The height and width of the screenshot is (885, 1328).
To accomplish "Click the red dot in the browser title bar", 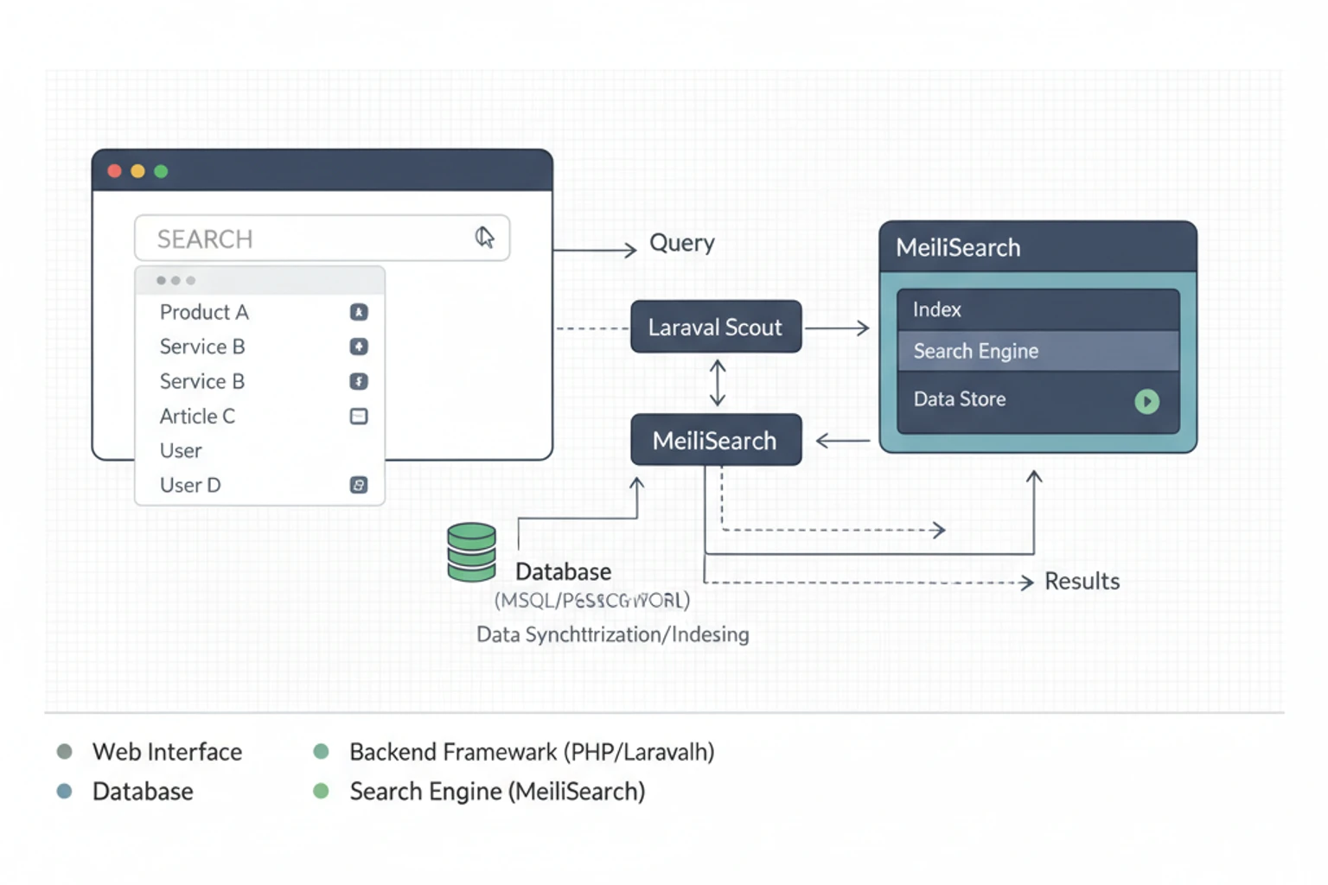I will click(114, 171).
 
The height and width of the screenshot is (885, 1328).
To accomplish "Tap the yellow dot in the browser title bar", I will click(137, 171).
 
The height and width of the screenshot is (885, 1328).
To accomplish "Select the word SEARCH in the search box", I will click(205, 239).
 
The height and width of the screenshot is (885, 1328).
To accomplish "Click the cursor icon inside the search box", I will click(484, 237).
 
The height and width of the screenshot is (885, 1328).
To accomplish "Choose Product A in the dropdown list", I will click(204, 312).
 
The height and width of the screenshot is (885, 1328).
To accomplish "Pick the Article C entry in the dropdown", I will click(197, 417).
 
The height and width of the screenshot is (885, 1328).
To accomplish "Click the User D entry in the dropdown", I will click(190, 486).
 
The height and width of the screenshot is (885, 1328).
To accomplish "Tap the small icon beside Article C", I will click(359, 417).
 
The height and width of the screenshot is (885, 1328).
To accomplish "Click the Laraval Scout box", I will click(715, 328).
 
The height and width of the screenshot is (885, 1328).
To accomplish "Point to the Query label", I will click(681, 244).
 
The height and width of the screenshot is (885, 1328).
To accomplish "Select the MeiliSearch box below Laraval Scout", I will click(715, 441).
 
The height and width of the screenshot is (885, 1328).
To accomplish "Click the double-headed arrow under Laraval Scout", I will click(718, 383).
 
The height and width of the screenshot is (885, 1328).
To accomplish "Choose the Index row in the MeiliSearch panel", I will click(1037, 309).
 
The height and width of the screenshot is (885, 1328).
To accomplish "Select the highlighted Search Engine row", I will click(1037, 351).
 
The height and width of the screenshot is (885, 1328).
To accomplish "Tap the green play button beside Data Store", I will click(1146, 401).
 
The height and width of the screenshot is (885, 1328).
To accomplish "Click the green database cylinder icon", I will click(471, 552).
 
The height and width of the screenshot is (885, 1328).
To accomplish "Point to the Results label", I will click(1082, 582).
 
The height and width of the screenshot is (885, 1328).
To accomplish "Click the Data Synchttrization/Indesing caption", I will click(612, 635).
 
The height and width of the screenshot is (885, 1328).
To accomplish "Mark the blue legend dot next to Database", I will click(64, 791).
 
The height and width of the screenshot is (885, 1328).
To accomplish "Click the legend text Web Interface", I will click(167, 752).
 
